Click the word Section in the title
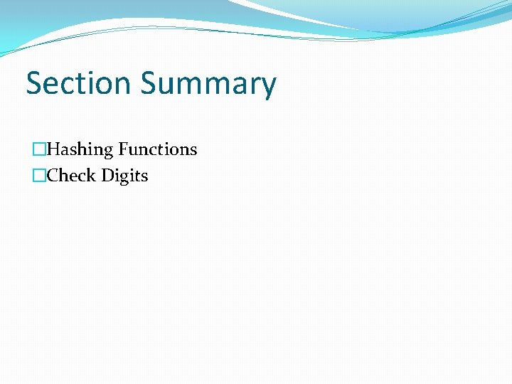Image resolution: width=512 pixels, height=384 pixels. click(x=79, y=83)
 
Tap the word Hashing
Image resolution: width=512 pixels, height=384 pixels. click(x=80, y=150)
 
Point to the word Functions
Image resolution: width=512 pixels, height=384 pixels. click(x=158, y=149)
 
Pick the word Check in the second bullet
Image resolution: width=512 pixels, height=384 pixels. click(x=71, y=176)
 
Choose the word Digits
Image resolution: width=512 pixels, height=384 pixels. click(x=124, y=176)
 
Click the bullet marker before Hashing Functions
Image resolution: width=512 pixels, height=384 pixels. click(x=39, y=150)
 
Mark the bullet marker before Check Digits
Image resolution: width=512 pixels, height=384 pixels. click(x=39, y=176)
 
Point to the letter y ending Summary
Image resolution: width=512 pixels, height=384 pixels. click(x=268, y=87)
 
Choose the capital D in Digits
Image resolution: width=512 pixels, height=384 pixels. click(x=107, y=176)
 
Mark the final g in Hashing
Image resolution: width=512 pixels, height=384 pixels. click(x=109, y=152)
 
